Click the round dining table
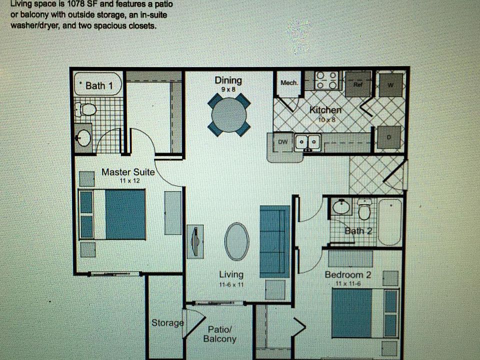point(229,115)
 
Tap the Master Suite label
point(128,172)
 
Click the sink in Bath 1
point(83,137)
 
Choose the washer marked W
point(390,84)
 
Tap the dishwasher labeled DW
point(283,142)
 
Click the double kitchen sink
point(307,142)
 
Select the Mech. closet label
point(289,82)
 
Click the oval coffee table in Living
point(236,241)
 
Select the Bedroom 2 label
point(347,274)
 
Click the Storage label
point(167,323)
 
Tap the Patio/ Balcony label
point(219,334)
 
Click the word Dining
point(228,80)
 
